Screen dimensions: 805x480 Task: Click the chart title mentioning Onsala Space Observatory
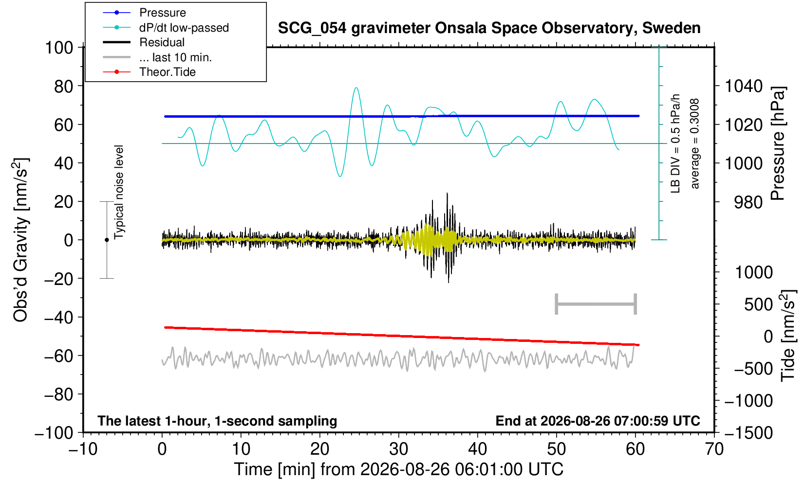[489, 28]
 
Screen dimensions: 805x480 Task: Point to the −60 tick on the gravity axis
[58, 356]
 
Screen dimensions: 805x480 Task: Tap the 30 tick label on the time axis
[398, 449]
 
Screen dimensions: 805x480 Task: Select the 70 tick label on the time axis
[714, 449]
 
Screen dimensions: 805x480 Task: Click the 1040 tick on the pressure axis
[744, 86]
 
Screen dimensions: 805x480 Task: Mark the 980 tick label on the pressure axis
[748, 202]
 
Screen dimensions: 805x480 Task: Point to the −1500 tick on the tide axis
[749, 433]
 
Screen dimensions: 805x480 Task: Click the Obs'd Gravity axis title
[20, 240]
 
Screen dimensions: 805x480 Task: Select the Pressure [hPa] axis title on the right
[778, 143]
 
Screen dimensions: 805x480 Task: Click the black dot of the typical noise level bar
[107, 240]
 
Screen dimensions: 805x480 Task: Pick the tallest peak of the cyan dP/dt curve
[356, 88]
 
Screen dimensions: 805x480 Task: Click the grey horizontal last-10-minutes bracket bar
[596, 304]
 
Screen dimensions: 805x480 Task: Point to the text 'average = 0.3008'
[694, 143]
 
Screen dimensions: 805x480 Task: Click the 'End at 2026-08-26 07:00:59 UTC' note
[598, 421]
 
